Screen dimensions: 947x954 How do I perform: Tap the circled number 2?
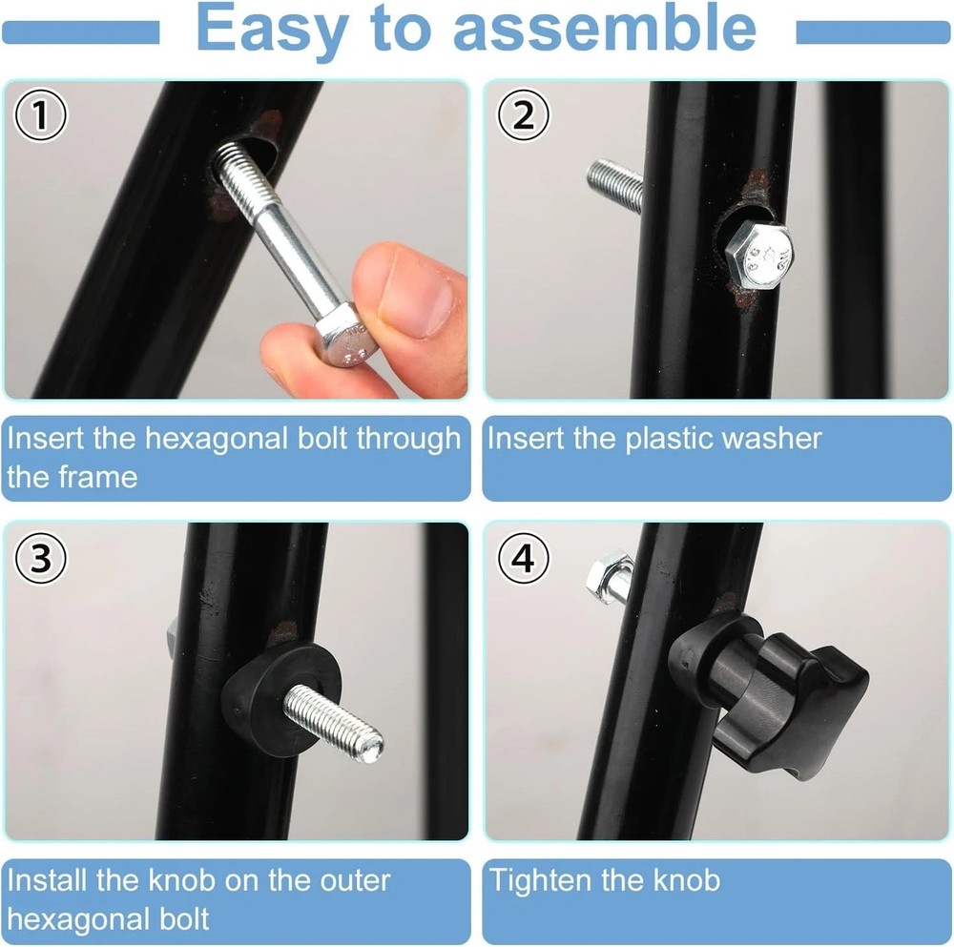(524, 116)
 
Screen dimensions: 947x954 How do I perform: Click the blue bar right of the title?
(873, 33)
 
